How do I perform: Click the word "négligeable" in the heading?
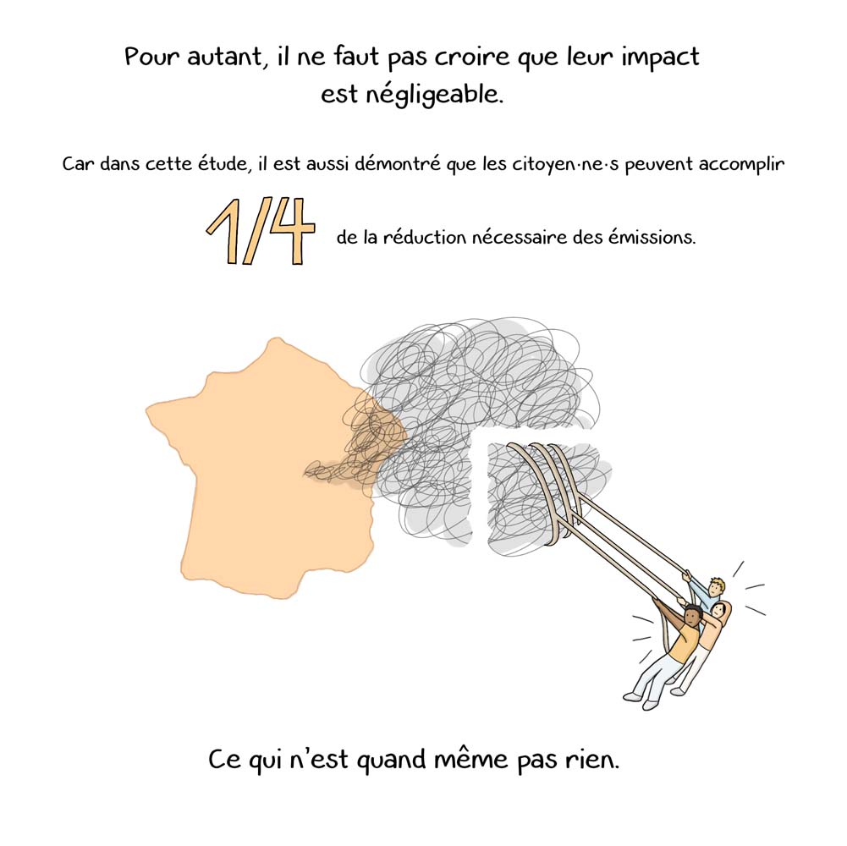coord(433,95)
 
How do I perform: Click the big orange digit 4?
coord(289,231)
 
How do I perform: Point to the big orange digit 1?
coord(225,231)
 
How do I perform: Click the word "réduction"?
coord(424,237)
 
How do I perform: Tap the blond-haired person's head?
coord(716,586)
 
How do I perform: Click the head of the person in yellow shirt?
coord(692,615)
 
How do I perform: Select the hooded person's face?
coord(717,612)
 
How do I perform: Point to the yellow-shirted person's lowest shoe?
coord(649,704)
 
